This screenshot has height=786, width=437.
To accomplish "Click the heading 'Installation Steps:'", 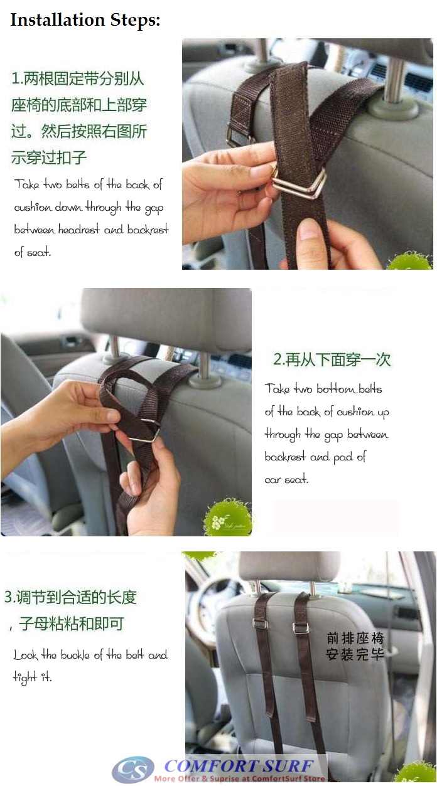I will point(85,20).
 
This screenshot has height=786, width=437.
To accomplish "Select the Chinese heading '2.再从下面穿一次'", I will point(332,359).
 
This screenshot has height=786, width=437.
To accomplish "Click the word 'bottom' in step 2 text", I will point(335,389).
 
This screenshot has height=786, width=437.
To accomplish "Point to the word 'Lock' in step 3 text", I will point(26,656).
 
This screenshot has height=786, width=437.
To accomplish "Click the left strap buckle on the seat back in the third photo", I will point(260,623).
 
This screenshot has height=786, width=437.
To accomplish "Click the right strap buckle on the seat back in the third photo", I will point(301,627).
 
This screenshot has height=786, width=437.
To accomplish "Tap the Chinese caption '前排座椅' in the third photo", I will point(355,639).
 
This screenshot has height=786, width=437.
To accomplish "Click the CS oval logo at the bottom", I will point(132,769).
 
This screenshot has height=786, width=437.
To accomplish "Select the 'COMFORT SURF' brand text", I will point(239,765).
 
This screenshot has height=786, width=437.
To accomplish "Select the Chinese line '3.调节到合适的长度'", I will point(70,597).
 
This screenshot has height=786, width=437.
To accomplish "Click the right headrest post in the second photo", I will point(204,367).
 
